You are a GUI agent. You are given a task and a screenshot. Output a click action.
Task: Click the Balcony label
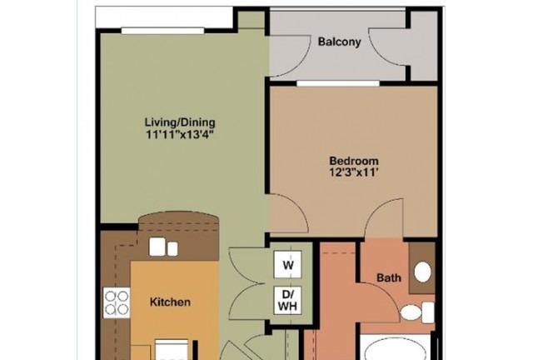point(339,42)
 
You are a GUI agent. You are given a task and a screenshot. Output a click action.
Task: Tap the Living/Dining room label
point(180,122)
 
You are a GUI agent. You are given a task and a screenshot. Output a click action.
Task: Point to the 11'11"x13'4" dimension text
point(180,134)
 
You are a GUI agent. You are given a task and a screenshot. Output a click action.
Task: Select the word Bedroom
point(354,161)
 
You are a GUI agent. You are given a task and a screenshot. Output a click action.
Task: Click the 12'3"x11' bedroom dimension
point(354,172)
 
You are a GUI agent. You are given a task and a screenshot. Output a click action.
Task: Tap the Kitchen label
point(170,302)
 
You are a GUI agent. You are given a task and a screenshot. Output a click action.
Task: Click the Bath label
point(389,277)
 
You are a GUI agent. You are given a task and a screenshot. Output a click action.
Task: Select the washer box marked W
point(288,264)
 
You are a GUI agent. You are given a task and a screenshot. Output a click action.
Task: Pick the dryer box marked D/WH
point(288,301)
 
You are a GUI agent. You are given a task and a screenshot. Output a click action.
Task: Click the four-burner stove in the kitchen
point(117,302)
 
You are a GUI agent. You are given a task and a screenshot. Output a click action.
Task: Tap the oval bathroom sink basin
point(422,272)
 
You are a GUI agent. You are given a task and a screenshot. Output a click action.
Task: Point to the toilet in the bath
point(417,312)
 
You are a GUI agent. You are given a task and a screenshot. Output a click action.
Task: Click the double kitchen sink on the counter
point(163,247)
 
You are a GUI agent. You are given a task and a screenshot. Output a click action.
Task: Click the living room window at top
point(163,31)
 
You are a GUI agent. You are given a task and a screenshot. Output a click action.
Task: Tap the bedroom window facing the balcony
point(338,83)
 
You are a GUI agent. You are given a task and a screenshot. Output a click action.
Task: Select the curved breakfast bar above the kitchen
point(178,222)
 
